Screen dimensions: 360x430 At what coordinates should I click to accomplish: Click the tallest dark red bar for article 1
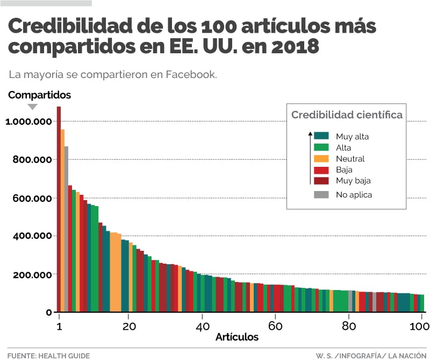pos(59,210)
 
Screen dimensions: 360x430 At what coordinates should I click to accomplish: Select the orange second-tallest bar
pos(63,221)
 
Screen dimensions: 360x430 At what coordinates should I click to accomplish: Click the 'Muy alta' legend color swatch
pos(321,136)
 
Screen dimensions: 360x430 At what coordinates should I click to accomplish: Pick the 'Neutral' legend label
pos(350,159)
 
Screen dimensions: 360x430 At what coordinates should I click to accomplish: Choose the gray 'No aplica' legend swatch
pos(321,195)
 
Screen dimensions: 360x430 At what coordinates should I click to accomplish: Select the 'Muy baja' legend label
pos(353,181)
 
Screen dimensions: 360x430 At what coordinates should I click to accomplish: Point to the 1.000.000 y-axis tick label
pos(28,122)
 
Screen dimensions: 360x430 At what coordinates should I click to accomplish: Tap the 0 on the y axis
pos(48,313)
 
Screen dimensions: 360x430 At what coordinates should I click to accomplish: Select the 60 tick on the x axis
pos(275,326)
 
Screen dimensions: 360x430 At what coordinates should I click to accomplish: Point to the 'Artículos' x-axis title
pos(237,337)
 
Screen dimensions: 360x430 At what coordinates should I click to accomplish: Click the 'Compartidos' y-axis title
pos(39,95)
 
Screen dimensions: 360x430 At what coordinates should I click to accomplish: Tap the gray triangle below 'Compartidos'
pos(32,107)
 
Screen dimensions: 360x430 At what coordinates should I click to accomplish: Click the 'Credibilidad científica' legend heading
pos(347,115)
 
